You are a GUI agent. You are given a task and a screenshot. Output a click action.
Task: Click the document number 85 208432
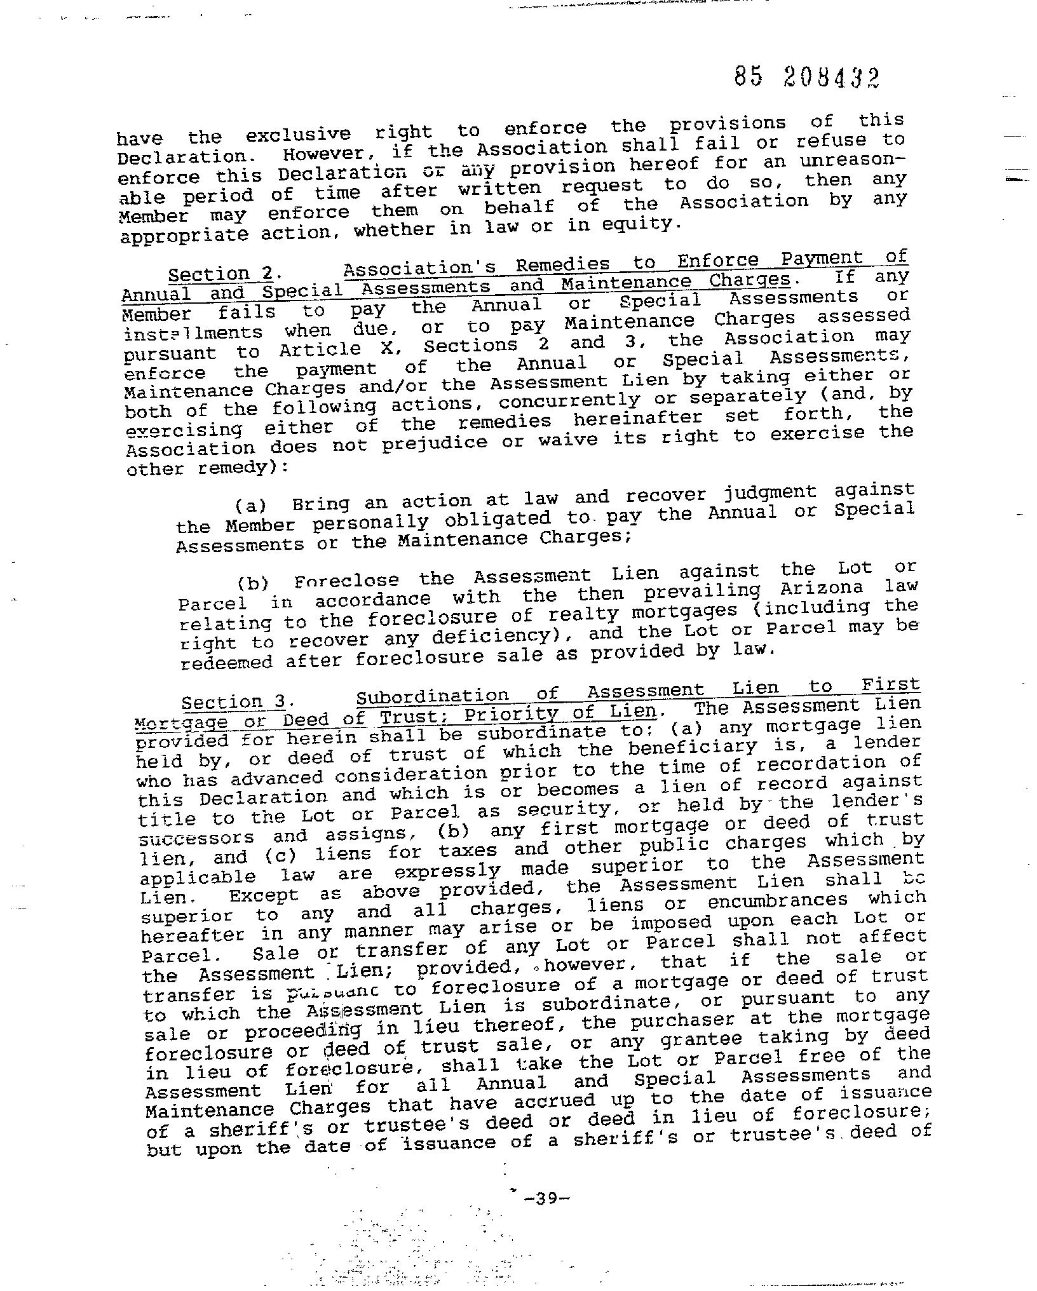click(x=806, y=78)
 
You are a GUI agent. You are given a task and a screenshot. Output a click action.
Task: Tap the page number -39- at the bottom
click(x=546, y=1198)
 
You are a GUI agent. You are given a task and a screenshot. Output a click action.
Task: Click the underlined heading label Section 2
click(x=220, y=274)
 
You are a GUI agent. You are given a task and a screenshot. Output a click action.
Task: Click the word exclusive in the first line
click(x=298, y=135)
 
